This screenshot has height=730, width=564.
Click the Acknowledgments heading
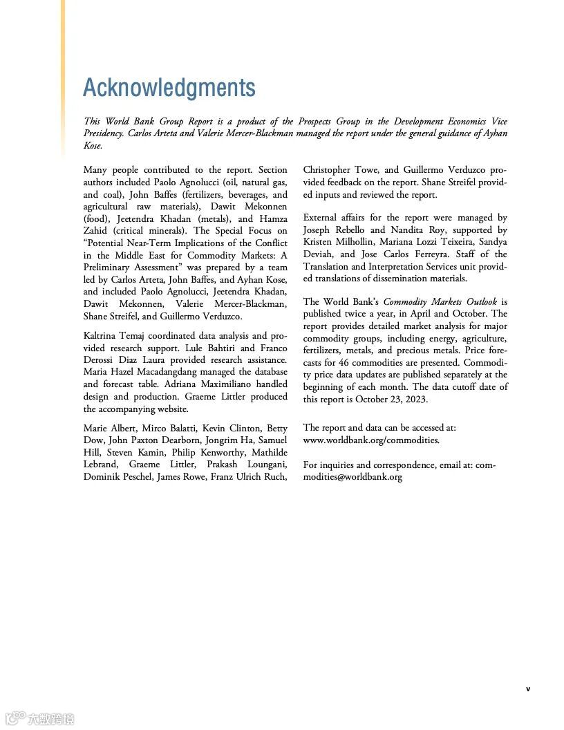pyautogui.click(x=169, y=88)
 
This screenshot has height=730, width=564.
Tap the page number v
pyautogui.click(x=528, y=689)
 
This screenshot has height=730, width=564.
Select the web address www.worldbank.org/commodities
pyautogui.click(x=371, y=440)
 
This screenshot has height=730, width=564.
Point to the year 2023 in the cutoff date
pyautogui.click(x=416, y=399)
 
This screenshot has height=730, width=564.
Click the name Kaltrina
pyautogui.click(x=103, y=335)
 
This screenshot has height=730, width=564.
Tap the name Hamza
pyautogui.click(x=273, y=218)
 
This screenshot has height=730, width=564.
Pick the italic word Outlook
pyautogui.click(x=479, y=301)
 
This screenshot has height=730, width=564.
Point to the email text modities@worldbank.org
pyautogui.click(x=352, y=476)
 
